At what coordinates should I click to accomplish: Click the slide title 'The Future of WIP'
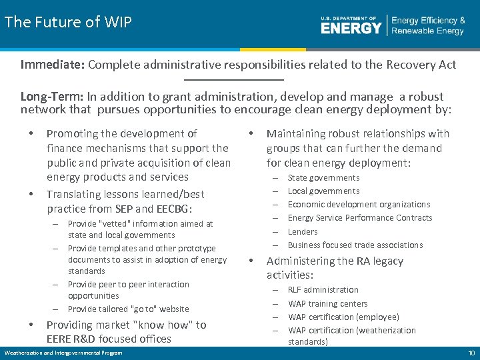point(68,22)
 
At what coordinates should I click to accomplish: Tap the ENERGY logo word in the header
point(351,27)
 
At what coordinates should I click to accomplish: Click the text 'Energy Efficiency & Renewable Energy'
point(428,26)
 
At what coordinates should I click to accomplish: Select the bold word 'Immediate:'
point(52,65)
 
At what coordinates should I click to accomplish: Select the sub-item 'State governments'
point(323,177)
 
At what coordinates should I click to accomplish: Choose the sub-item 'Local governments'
point(323,191)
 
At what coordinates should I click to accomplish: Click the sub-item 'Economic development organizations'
point(359,204)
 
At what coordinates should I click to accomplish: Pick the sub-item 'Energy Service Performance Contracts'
point(360,217)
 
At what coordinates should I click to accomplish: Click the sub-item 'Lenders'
point(303,231)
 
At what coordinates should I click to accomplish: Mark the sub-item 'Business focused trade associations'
point(355,245)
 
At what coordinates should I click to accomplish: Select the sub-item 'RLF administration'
point(323,289)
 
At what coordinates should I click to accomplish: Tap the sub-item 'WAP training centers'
point(327,303)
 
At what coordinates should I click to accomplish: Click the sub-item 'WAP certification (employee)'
point(343,317)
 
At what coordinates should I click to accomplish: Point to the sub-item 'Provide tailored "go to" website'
point(128,309)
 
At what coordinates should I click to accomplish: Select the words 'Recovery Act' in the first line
point(424,65)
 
